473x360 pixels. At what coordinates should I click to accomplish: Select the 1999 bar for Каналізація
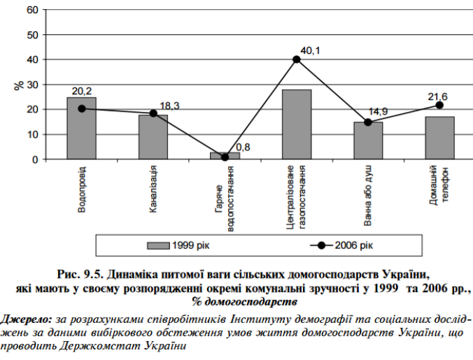153,137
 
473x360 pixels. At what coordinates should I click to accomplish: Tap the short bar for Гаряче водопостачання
225,156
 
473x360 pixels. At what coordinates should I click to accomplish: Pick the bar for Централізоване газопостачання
297,124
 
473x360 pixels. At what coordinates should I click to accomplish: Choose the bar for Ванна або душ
368,141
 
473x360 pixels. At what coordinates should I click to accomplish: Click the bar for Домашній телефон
439,138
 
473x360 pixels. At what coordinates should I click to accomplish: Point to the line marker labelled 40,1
297,59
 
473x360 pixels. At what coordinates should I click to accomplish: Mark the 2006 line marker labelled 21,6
439,105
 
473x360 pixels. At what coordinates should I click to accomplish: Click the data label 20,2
81,91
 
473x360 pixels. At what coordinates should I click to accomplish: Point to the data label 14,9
379,111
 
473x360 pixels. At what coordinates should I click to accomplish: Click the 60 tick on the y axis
32,10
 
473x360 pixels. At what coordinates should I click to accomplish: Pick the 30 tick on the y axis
32,85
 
